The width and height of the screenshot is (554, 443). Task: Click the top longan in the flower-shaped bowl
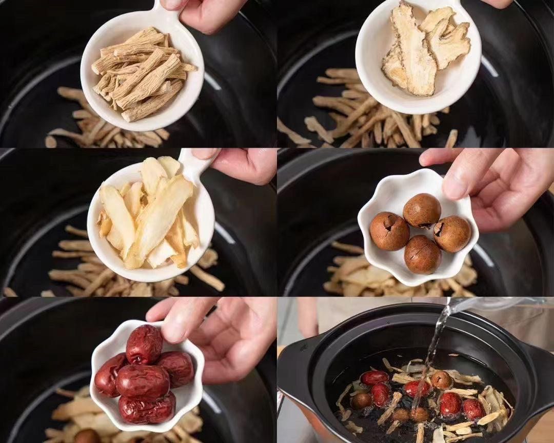422,210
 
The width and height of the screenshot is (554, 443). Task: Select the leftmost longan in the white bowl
389,231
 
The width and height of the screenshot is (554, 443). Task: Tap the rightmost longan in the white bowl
452,233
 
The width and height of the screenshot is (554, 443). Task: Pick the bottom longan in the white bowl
422,255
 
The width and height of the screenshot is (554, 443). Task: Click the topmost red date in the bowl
144,344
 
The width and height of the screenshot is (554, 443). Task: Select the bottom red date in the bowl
147,409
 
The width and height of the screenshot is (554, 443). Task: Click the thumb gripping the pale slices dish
205,153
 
